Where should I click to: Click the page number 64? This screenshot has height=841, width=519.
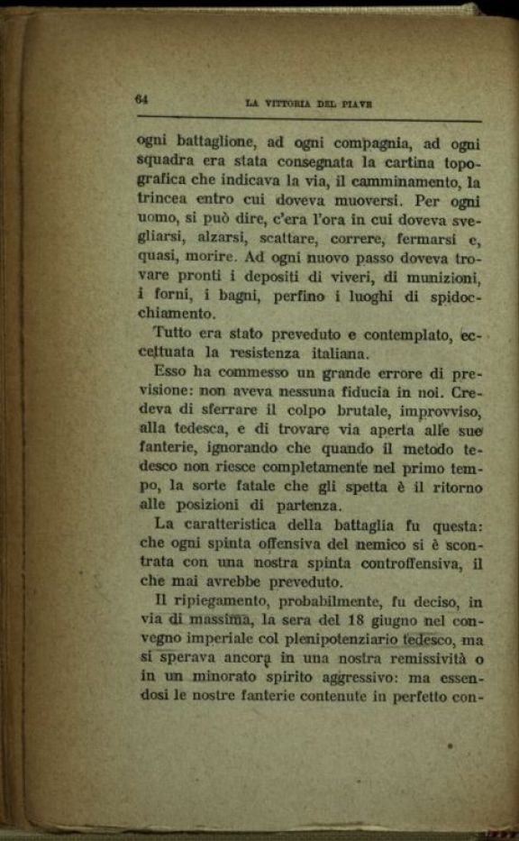tap(141, 99)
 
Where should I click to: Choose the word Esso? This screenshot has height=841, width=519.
tap(172, 372)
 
